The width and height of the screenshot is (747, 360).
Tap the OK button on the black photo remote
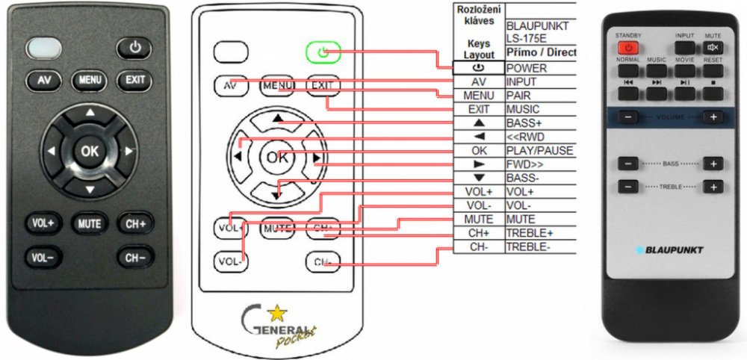coord(90,151)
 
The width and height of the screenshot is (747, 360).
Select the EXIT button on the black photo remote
coord(135,80)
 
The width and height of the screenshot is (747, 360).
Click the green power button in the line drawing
coord(323,52)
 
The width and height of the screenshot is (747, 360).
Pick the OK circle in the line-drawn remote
coord(276,158)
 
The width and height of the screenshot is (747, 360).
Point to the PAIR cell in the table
coord(518,96)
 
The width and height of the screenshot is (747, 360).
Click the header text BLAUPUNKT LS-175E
coord(537,32)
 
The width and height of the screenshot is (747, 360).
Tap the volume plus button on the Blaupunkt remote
coord(713,117)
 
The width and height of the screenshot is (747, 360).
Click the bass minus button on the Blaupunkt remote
coord(630,164)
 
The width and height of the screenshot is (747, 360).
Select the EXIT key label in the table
coord(479,110)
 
